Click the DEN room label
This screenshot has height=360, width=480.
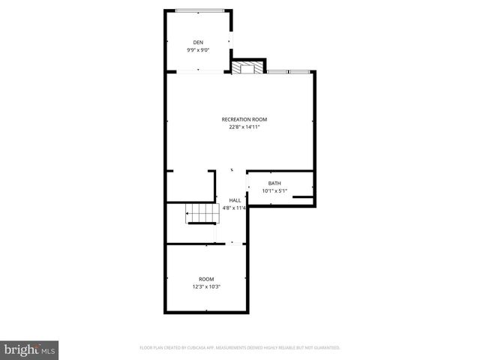pyautogui.click(x=198, y=42)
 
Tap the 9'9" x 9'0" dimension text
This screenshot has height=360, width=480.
pyautogui.click(x=198, y=50)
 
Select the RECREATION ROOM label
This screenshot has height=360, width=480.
pyautogui.click(x=244, y=119)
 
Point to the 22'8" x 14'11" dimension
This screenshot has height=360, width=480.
pyautogui.click(x=244, y=127)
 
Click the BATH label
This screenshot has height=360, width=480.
pyautogui.click(x=274, y=183)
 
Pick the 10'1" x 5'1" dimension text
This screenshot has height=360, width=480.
pyautogui.click(x=274, y=191)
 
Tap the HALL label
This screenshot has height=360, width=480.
pyautogui.click(x=235, y=200)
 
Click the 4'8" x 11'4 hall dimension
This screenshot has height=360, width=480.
pyautogui.click(x=235, y=208)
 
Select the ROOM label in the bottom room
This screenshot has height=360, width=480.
pyautogui.click(x=206, y=279)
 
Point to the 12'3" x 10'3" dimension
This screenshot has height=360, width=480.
pyautogui.click(x=206, y=287)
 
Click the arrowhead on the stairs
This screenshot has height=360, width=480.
pyautogui.click(x=188, y=214)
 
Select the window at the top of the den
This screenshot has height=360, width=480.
pyautogui.click(x=199, y=10)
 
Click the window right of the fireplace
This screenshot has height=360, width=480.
pyautogui.click(x=289, y=72)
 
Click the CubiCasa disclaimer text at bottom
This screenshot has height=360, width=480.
pyautogui.click(x=240, y=348)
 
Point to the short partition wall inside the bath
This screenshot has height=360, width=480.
pyautogui.click(x=303, y=196)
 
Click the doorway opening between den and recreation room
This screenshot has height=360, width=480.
pyautogui.click(x=199, y=72)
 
